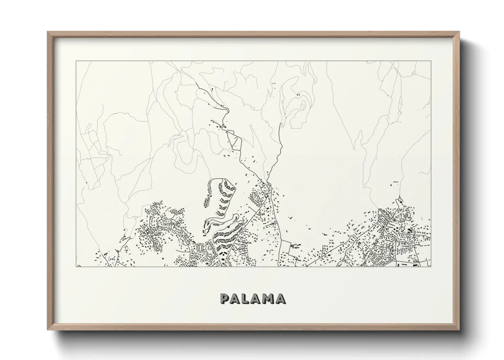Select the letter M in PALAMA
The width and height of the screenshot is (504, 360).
click(x=269, y=298)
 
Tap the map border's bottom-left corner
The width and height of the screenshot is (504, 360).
click(x=76, y=266)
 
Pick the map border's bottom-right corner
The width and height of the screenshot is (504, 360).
click(x=431, y=266)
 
